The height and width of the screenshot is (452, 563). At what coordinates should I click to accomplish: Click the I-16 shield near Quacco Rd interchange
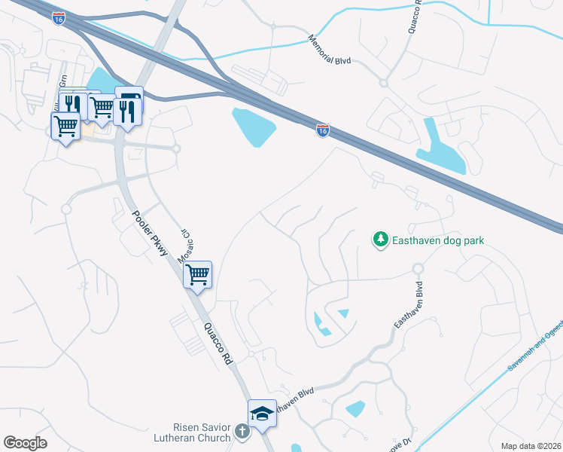pos(322,131)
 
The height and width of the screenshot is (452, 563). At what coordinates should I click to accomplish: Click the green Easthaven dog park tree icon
pos(381,240)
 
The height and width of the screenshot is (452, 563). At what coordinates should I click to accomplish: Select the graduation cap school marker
pos(262,413)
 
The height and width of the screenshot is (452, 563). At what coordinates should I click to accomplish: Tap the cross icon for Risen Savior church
pos(242,432)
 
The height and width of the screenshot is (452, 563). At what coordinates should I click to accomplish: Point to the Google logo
pos(25,443)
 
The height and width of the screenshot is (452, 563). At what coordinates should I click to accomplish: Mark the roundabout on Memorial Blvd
pos(383,83)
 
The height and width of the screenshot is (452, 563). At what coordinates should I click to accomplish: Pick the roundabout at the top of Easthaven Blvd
pos(418,268)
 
